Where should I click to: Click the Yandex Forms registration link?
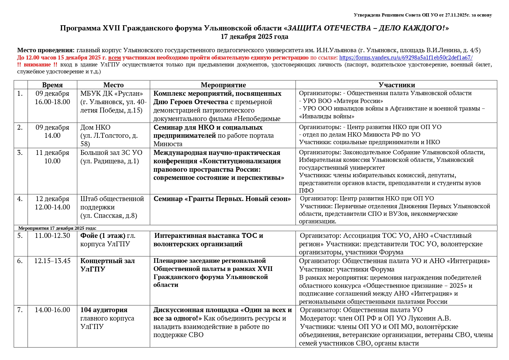tap(406, 57)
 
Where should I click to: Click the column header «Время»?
tap(52, 85)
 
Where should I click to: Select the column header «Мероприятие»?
tap(223, 85)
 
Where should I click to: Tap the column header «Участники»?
tap(396, 85)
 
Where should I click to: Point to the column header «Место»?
tap(113, 85)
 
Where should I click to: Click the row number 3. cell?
tap(20, 153)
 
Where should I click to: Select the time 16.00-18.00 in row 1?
tap(52, 102)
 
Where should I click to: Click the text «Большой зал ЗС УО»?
tap(111, 153)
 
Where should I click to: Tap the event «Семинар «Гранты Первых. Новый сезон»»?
tap(222, 199)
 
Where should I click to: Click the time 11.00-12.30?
tap(52, 236)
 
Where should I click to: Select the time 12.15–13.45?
tap(52, 261)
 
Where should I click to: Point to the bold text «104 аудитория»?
tap(104, 310)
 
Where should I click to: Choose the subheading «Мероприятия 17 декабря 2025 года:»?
tap(57, 228)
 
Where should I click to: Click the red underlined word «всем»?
tap(114, 57)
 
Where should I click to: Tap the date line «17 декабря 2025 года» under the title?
tap(254, 37)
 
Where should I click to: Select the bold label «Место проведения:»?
tap(46, 50)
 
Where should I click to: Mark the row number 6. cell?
tap(20, 261)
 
